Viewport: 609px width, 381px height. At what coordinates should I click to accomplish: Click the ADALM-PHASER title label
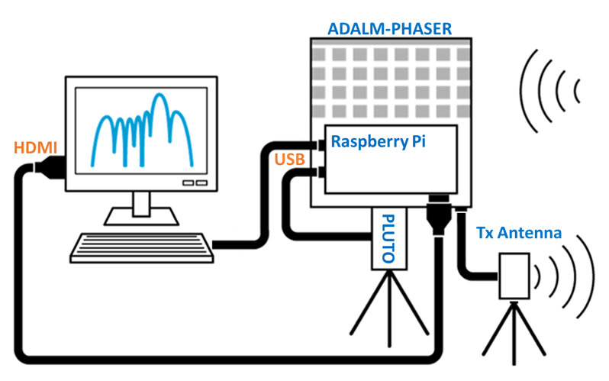[x=389, y=29]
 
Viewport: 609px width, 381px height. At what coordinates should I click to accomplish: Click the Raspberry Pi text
[x=378, y=141]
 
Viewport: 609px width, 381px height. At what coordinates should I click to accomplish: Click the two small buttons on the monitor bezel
[x=196, y=183]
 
